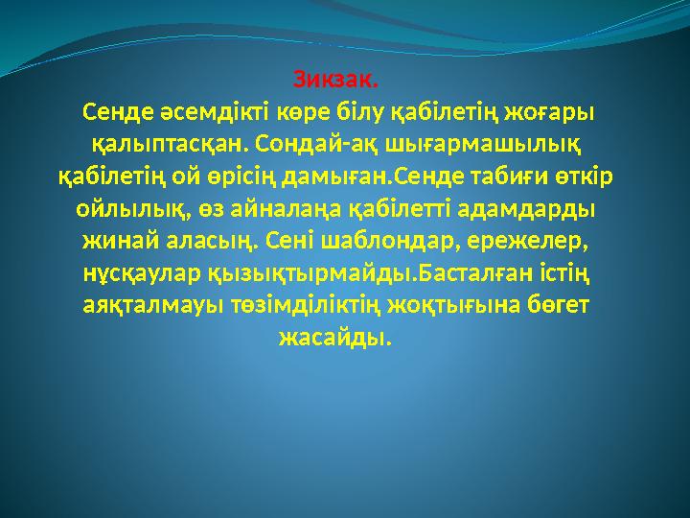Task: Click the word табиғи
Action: tap(515, 177)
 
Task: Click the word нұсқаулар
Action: tap(140, 274)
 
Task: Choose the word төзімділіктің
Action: tap(318, 306)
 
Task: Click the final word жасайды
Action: tap(334, 339)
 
